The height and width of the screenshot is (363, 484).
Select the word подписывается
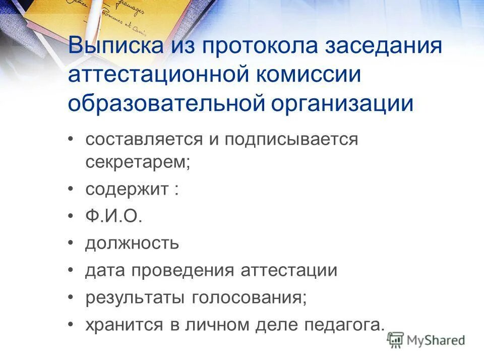pos(291,139)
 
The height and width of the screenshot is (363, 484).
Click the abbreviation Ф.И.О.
pos(114,217)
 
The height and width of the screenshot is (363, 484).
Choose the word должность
pos(132,244)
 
